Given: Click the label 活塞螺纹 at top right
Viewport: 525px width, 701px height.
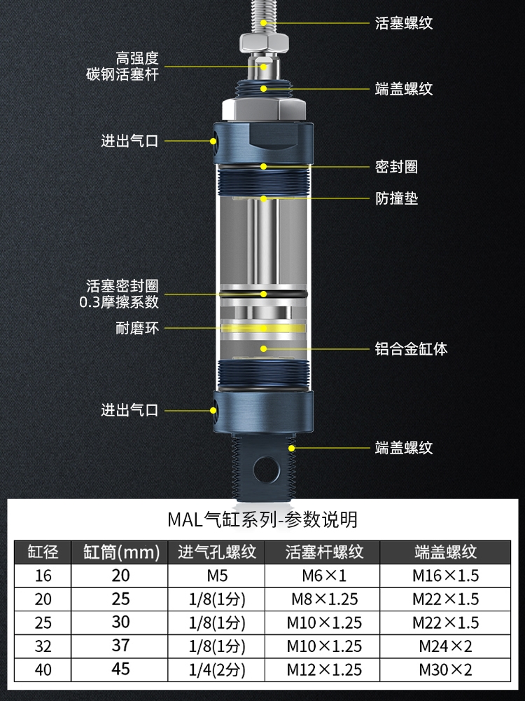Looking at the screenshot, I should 404,23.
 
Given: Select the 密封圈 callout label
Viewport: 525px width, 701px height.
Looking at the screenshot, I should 396,167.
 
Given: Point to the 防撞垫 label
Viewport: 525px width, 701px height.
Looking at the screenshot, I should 396,198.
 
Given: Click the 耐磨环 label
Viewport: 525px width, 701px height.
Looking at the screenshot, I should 137,327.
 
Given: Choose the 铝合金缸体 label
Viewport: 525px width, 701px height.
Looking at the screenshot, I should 411,348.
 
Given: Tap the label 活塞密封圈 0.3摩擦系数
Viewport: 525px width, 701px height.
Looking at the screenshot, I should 122,294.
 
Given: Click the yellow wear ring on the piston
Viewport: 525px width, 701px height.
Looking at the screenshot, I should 264,327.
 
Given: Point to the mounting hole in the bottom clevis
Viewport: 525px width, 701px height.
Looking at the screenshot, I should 265,467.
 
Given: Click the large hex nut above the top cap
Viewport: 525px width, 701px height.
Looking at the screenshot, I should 263,109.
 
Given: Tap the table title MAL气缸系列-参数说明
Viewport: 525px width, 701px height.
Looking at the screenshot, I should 262,519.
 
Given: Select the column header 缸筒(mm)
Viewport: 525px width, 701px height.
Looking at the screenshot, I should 121,552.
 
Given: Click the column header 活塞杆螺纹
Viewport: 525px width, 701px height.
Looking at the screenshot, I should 324,552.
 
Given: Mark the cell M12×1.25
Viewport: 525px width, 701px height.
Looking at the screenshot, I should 324,669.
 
